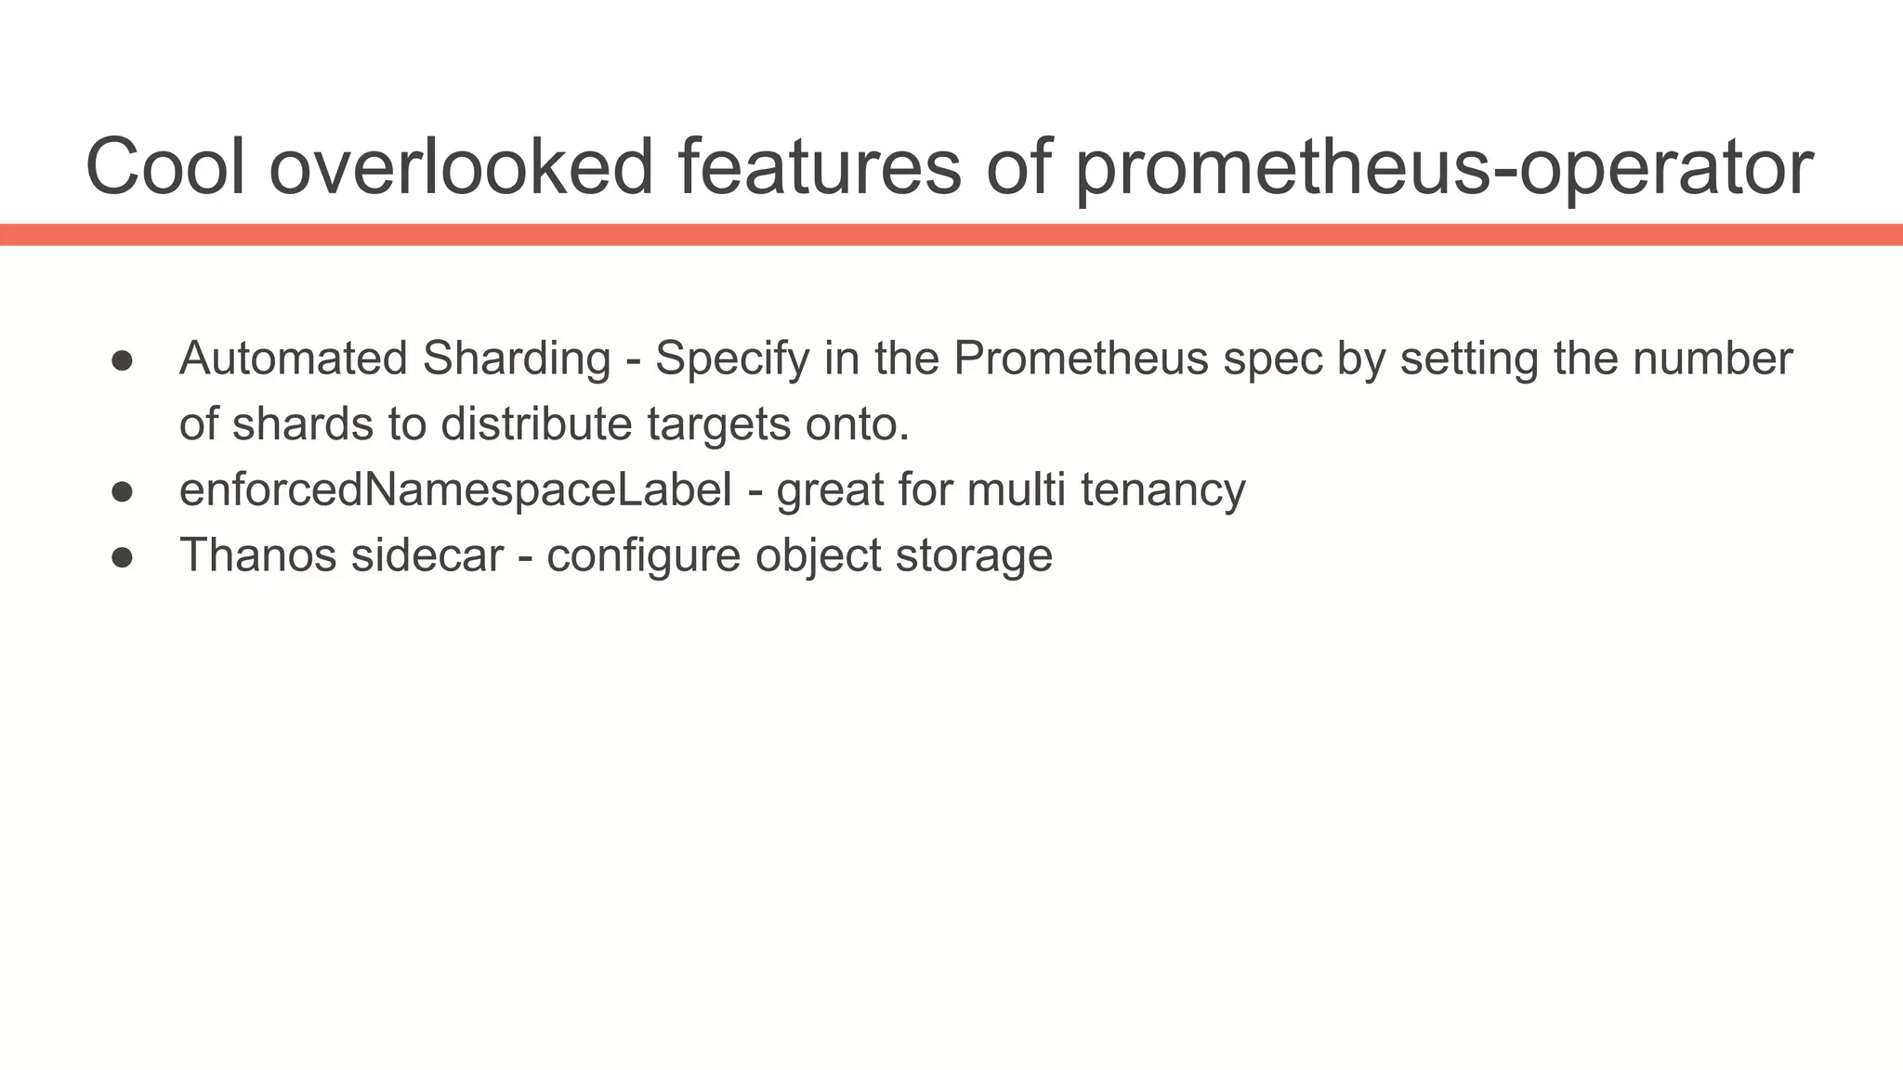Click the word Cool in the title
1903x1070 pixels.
click(x=165, y=167)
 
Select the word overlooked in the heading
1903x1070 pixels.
click(x=462, y=167)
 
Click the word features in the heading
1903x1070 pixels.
click(x=819, y=167)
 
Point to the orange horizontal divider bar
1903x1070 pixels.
click(x=951, y=234)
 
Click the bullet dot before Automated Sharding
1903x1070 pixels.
click(x=123, y=360)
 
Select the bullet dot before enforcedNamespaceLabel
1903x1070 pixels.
click(x=123, y=491)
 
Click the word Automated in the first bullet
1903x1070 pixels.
click(x=294, y=359)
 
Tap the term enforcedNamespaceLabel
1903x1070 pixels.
click(x=455, y=490)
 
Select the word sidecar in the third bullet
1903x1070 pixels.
click(x=427, y=555)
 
